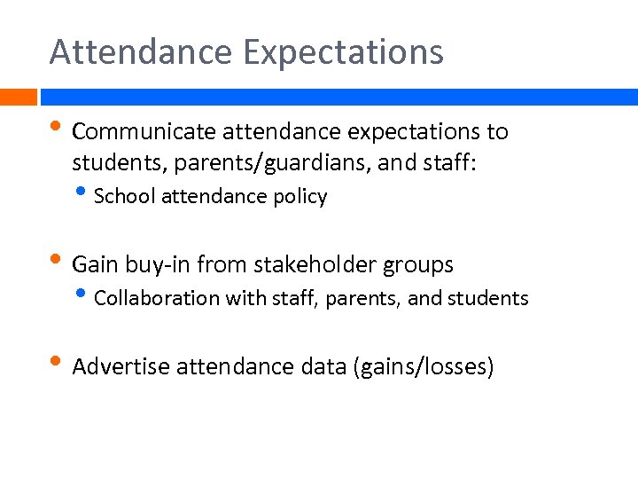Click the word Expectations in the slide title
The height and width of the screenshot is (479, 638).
(x=343, y=52)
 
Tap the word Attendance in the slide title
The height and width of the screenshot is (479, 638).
(x=141, y=51)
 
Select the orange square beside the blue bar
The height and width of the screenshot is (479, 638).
(x=18, y=97)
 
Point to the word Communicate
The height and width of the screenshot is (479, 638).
(x=144, y=132)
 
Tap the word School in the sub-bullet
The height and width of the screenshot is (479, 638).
(x=124, y=196)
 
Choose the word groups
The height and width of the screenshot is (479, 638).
(x=419, y=265)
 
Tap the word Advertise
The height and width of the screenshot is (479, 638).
(x=121, y=367)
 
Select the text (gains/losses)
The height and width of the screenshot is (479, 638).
(x=423, y=367)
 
